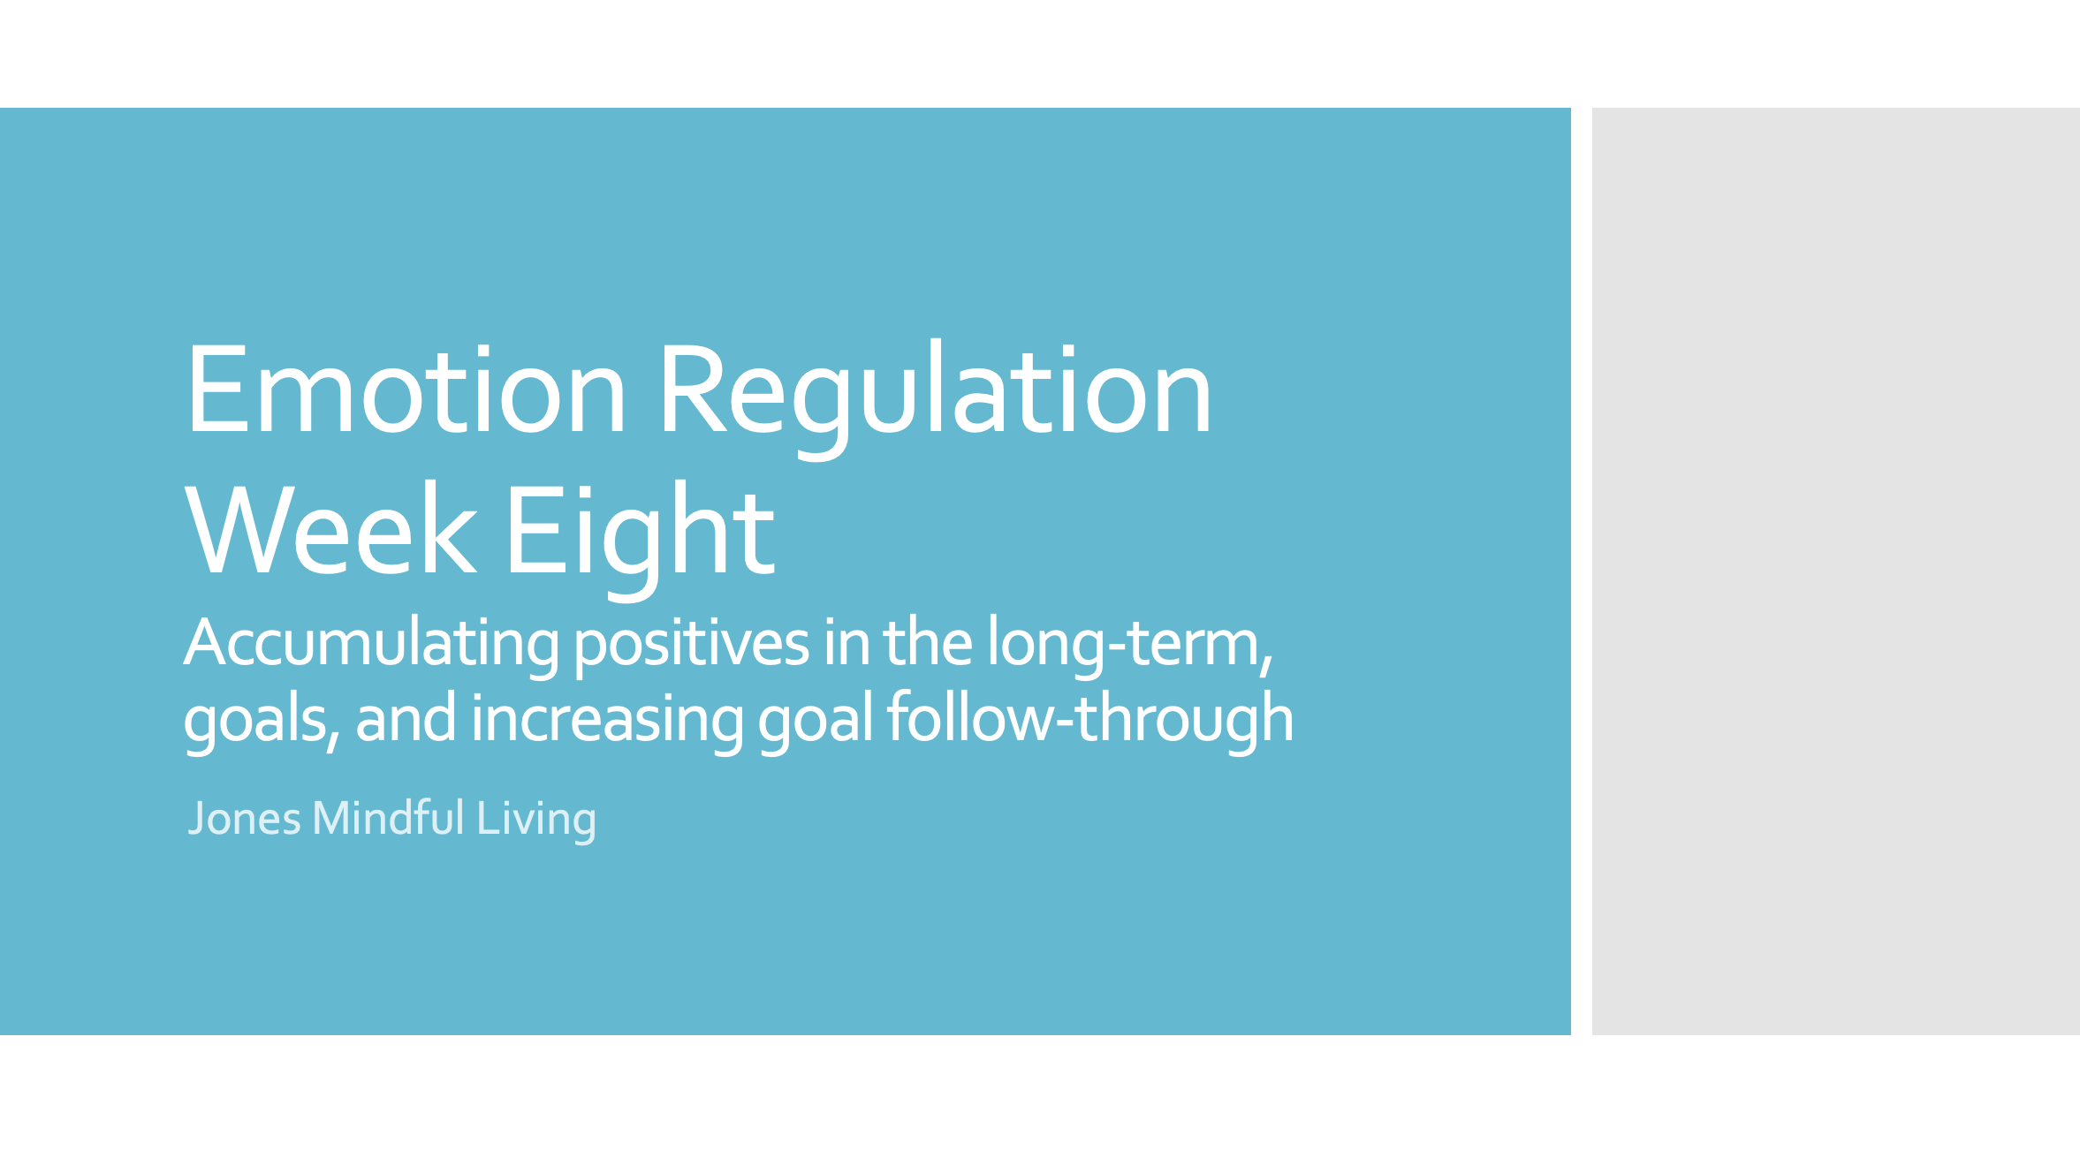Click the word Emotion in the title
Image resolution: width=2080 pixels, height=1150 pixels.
pyautogui.click(x=406, y=390)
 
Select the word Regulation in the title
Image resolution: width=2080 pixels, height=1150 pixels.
pyautogui.click(x=935, y=390)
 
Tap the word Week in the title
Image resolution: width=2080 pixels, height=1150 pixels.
pyautogui.click(x=330, y=530)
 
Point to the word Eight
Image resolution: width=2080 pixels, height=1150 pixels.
pyautogui.click(x=639, y=530)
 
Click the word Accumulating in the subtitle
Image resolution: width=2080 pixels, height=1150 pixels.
pyautogui.click(x=371, y=643)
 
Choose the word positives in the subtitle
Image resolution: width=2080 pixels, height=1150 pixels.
pyautogui.click(x=691, y=643)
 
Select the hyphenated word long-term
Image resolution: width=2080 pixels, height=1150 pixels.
pyautogui.click(x=1129, y=643)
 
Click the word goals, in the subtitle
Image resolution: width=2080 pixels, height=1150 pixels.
pyautogui.click(x=262, y=719)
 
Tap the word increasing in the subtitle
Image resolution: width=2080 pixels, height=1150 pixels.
pyautogui.click(x=607, y=719)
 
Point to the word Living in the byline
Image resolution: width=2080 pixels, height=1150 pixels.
pyautogui.click(x=536, y=818)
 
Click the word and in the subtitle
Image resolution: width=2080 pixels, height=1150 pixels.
pyautogui.click(x=406, y=719)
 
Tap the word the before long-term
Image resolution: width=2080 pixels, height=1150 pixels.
pyautogui.click(x=928, y=643)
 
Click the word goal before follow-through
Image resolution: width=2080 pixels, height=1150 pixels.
pyautogui.click(x=816, y=719)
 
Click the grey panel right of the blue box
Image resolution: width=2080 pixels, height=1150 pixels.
pyautogui.click(x=1835, y=571)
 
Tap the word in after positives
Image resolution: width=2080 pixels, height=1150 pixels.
pyautogui.click(x=846, y=643)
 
